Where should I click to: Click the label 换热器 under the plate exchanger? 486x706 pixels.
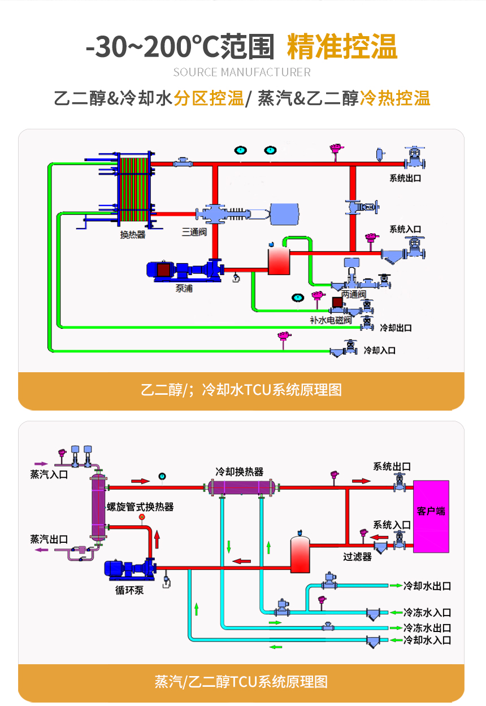[132, 234]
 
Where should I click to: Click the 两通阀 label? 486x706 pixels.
[354, 295]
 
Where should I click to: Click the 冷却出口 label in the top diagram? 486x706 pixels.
[396, 328]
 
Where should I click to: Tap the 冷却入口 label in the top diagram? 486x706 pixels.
[380, 350]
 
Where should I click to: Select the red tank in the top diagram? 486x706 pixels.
[278, 260]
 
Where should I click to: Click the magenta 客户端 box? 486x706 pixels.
[431, 516]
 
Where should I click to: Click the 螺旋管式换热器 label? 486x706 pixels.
[140, 507]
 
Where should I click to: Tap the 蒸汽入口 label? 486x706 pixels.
[49, 474]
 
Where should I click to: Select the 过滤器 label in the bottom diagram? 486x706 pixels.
[357, 556]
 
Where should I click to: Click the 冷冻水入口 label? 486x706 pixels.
[427, 612]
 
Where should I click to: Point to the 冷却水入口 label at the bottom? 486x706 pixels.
[427, 640]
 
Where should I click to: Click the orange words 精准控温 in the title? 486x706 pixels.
[342, 46]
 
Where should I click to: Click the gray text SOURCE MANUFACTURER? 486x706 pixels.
[242, 72]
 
